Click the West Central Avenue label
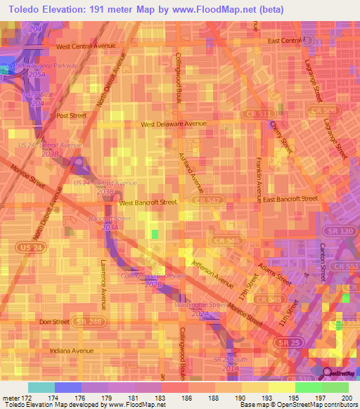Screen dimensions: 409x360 pos(85,46)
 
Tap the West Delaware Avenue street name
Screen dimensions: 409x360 pos(174,124)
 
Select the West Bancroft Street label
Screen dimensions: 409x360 pos(148,202)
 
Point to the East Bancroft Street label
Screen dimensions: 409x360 pos(290,199)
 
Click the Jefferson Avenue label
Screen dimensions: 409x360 pos(212,273)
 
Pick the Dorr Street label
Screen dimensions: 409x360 pos(54,322)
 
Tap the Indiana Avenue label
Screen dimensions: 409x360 pos(72,350)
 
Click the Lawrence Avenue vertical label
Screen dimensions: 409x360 pos(103,282)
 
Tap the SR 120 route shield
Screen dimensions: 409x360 pos(334,231)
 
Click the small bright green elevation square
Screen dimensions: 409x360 pos(155,234)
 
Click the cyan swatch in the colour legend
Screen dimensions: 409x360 pos(41,387)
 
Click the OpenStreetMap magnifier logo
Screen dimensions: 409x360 pos(328,373)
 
